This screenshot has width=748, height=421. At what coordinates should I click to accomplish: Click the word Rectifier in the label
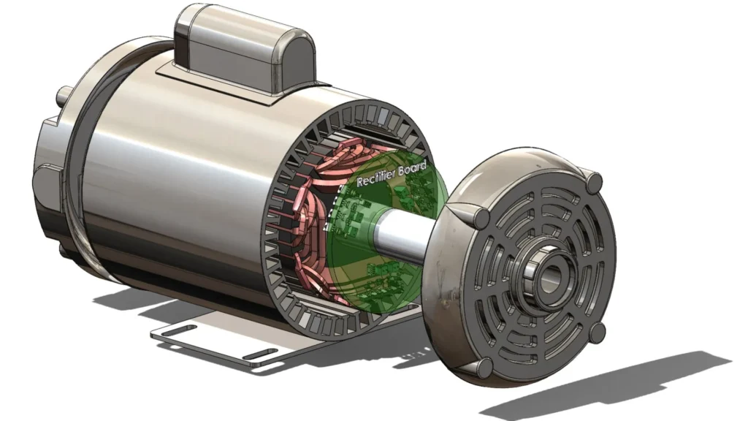376,176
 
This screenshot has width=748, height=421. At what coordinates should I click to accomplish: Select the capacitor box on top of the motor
244,52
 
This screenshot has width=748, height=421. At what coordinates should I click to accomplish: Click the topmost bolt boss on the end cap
595,183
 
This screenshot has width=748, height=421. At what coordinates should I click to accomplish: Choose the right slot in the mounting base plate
261,354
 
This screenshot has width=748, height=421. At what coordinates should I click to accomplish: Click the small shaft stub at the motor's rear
64,97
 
